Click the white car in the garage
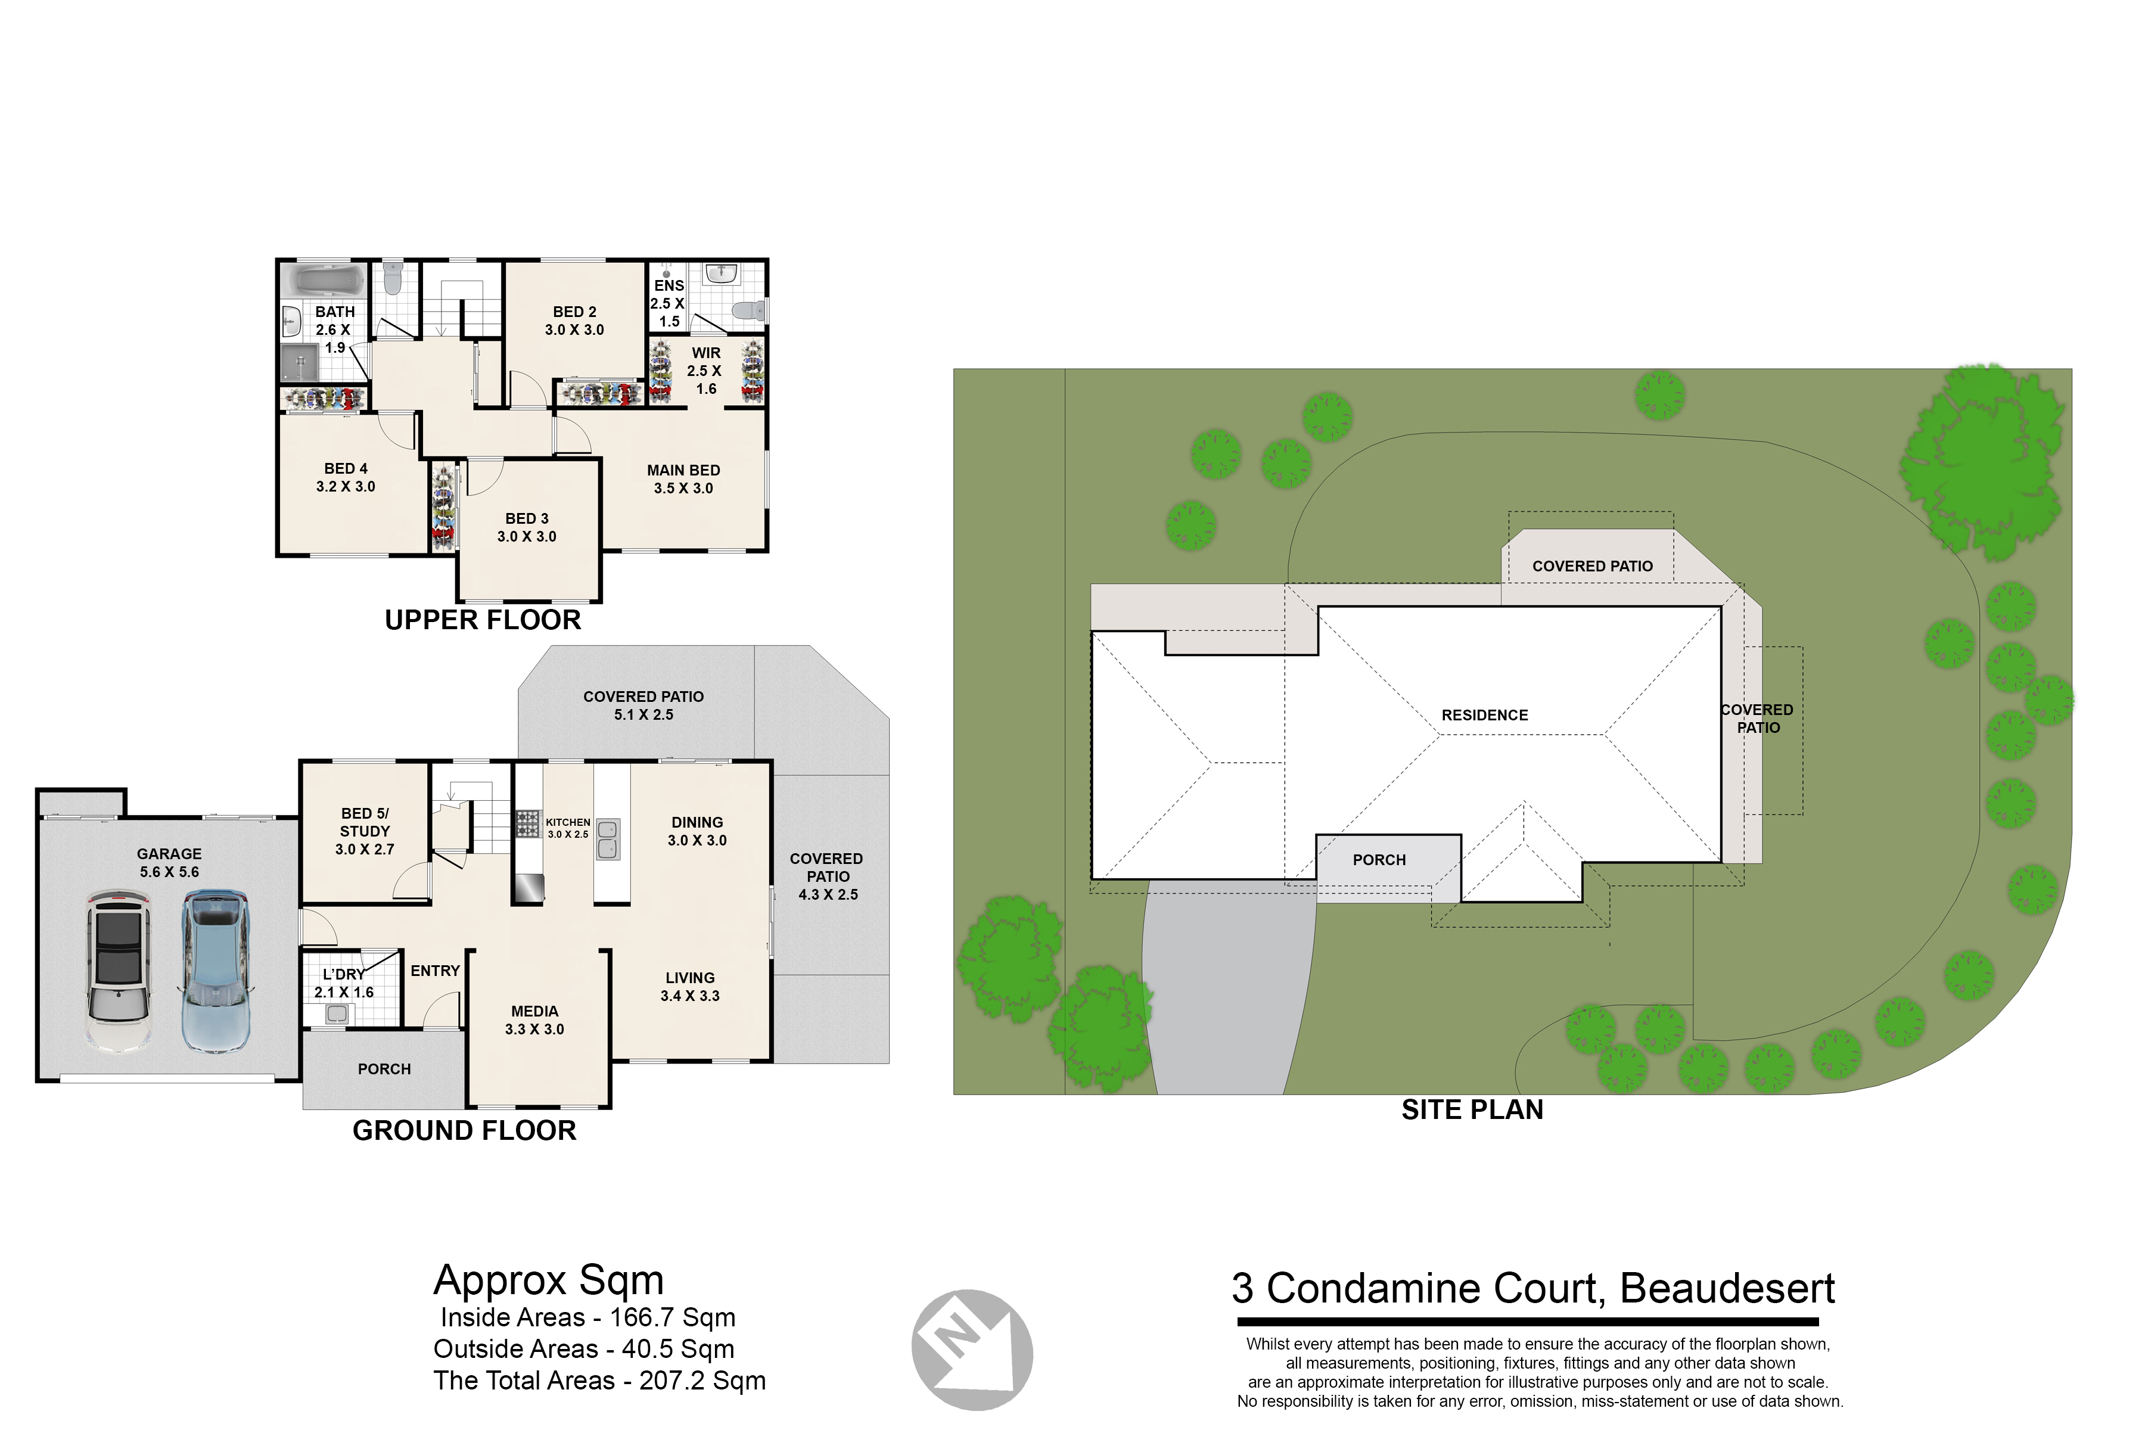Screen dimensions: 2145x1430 coord(119,973)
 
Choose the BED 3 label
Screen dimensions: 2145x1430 coord(527,527)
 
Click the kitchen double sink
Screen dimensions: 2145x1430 coord(607,839)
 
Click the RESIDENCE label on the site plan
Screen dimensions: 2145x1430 coord(1485,715)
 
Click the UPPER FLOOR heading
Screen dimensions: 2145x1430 coord(483,620)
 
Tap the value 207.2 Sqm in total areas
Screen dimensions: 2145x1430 coord(702,1381)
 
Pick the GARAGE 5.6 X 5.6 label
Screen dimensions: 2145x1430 coord(170,863)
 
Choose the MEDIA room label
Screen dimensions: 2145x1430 coord(534,1019)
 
